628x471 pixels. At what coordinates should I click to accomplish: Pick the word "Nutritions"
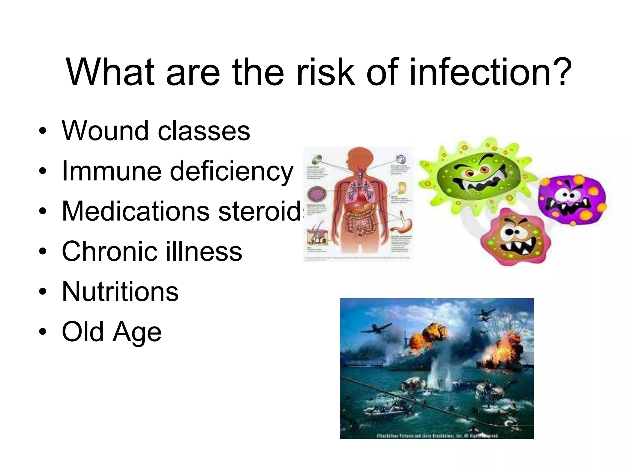tap(120, 292)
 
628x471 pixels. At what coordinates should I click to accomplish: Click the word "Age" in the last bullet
tap(137, 332)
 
